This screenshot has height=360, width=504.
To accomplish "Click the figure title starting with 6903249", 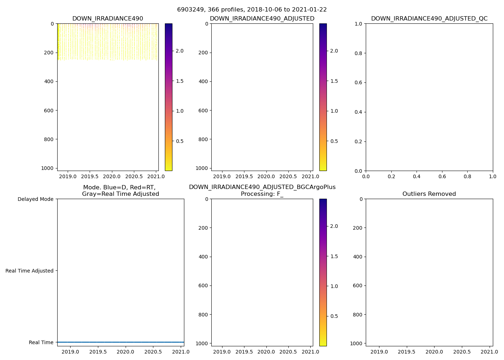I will coord(252,10).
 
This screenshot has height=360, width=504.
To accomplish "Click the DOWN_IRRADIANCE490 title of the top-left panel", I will coord(108,19).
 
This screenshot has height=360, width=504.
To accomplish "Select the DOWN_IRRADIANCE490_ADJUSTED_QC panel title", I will coord(429,19).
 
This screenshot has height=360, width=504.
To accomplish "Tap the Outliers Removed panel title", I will coord(429,194).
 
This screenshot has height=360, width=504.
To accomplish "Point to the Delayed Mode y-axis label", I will coord(35,199).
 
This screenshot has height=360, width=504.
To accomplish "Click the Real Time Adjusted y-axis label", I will coord(30,271).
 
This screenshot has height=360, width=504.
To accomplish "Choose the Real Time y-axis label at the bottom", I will coord(41,342).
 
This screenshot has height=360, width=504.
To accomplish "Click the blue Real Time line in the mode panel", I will coord(121,342).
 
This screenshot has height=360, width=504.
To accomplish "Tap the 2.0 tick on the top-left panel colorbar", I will coord(179,51).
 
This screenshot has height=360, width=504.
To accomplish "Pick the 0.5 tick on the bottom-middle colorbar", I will coord(334,316).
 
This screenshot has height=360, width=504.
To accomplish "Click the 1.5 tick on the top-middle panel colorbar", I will coord(334,81).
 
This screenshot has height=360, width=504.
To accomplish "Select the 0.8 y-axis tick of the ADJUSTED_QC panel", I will coord(359,53).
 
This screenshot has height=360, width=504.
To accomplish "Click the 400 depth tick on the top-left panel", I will coord(50,81).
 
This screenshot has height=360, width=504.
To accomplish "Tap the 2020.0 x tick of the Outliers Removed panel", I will coord(435,352).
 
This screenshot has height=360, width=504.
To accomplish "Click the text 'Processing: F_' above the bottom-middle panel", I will coord(262,194).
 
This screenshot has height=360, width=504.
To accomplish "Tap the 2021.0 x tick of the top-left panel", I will coord(156,176).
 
